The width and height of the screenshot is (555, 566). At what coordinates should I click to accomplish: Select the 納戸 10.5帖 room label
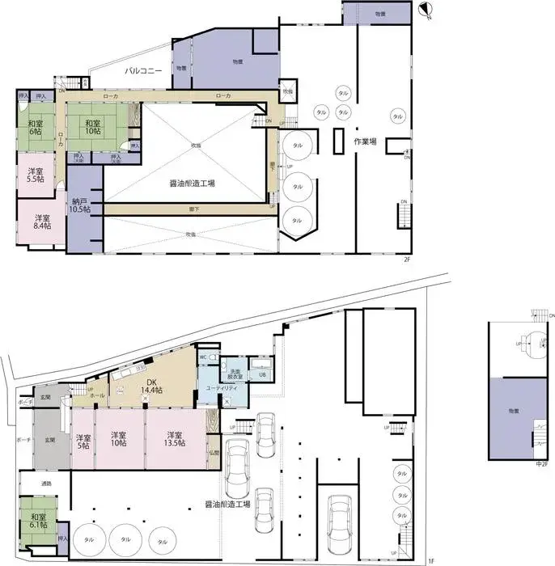80,205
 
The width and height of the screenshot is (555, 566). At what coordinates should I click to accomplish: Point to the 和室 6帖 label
35,127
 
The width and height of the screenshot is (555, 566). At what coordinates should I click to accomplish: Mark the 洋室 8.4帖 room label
42,222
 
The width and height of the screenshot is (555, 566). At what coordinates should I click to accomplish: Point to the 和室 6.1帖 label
38,522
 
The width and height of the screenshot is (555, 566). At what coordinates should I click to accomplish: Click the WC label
203,357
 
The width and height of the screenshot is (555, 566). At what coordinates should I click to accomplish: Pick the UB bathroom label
262,374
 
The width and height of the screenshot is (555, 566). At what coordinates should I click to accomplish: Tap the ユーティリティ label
221,389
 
